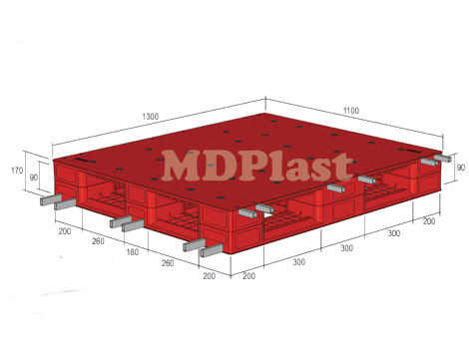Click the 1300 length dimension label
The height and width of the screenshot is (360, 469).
coord(150,117)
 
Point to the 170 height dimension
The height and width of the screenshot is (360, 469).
coord(18,171)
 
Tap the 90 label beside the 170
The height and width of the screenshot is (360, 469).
coord(34,178)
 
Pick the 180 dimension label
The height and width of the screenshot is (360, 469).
coord(134,252)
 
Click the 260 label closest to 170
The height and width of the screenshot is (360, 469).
coord(98,240)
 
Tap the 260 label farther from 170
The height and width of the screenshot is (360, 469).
coord(169,263)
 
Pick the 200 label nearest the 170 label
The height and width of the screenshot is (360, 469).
coord(65,230)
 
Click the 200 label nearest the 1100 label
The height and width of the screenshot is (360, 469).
coord(429,220)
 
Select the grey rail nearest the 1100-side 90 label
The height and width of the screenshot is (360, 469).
coord(434,160)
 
